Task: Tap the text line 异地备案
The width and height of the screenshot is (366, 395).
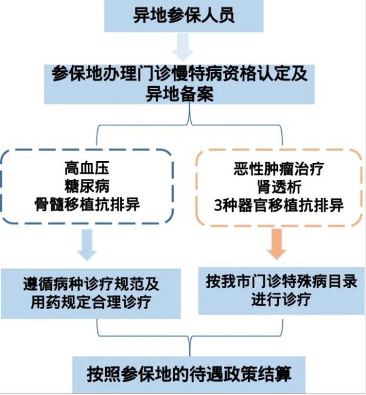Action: [179, 94]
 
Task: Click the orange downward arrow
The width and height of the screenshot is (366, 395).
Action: [276, 245]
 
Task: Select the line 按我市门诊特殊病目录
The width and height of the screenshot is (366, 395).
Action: [281, 279]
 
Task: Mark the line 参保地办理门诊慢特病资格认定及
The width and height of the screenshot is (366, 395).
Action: [179, 74]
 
